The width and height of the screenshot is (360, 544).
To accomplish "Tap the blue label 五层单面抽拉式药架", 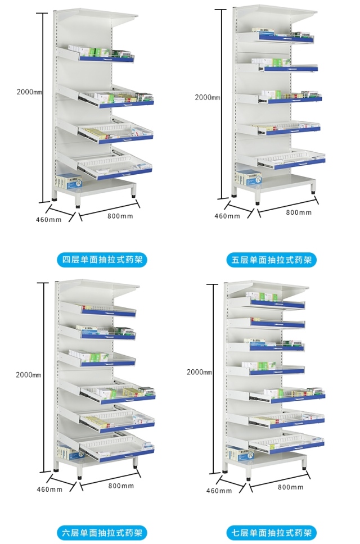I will (x=271, y=260).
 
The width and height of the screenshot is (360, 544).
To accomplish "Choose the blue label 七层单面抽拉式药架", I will (x=271, y=532).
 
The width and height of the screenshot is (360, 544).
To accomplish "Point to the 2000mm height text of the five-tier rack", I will (x=208, y=97).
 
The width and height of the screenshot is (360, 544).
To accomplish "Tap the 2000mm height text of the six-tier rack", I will (x=28, y=375).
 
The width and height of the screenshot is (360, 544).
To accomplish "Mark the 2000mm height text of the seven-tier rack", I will (x=199, y=372).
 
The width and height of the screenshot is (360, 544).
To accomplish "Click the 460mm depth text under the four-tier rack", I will (x=49, y=220).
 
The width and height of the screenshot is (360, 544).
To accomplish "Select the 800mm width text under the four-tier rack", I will (x=120, y=216).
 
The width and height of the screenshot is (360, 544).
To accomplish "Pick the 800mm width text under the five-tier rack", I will (x=299, y=212).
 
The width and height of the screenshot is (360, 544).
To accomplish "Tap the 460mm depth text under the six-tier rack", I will (x=49, y=489).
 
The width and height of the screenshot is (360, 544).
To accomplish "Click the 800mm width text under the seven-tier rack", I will (x=290, y=487).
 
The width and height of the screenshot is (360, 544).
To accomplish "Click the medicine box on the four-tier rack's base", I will (x=68, y=182).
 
